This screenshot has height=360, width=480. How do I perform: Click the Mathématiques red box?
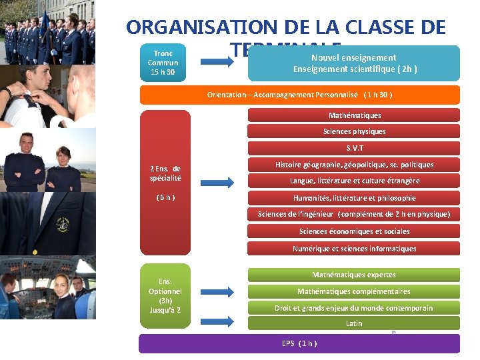click(x=354, y=115)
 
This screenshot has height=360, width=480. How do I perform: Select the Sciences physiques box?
click(x=354, y=131)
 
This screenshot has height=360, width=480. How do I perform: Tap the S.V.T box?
click(x=354, y=148)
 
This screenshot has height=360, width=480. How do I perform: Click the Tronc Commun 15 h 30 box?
click(x=163, y=63)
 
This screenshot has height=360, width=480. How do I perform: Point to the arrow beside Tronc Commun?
click(x=217, y=61)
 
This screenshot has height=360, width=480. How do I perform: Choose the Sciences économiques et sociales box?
click(x=354, y=231)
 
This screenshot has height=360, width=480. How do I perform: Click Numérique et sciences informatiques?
click(x=354, y=249)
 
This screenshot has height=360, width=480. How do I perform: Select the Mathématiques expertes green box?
click(x=354, y=275)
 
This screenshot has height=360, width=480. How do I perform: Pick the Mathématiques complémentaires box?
click(x=354, y=291)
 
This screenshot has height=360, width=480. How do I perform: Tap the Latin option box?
click(x=354, y=323)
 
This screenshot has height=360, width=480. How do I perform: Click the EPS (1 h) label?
click(x=299, y=343)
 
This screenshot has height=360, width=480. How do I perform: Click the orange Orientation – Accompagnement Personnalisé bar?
click(x=299, y=95)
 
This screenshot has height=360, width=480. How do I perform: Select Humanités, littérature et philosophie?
click(x=354, y=198)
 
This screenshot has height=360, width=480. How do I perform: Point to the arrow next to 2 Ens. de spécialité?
click(x=217, y=181)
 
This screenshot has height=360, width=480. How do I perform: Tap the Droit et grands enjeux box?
click(x=354, y=308)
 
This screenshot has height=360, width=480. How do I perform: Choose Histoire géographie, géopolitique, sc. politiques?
click(x=354, y=165)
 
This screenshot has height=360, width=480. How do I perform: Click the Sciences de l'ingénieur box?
click(x=354, y=214)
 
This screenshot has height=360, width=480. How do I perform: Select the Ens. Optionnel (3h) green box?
click(x=165, y=295)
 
